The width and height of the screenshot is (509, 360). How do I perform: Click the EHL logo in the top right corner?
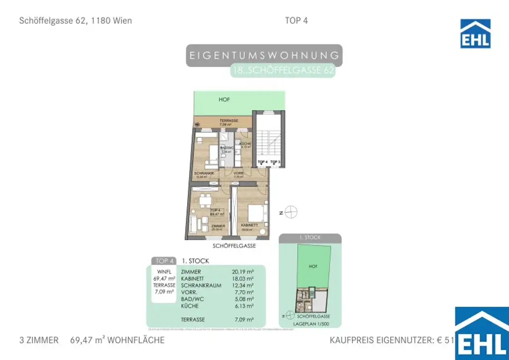[475, 33]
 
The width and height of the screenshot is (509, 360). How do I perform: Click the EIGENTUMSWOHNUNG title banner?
[264, 55]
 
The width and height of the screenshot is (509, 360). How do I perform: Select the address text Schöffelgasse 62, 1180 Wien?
[76, 21]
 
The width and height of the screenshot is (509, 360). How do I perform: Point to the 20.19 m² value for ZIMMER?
[243, 272]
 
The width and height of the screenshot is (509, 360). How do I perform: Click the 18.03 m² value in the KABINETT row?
[243, 279]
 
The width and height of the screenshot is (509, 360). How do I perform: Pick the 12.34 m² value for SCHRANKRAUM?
[243, 285]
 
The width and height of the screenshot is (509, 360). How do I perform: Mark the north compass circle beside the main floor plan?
[292, 212]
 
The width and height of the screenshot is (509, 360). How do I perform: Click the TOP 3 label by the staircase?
[276, 163]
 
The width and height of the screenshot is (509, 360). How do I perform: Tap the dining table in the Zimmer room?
[205, 201]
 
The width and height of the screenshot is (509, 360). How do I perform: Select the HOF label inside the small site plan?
[313, 267]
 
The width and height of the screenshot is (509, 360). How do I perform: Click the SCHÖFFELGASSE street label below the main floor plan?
[234, 246]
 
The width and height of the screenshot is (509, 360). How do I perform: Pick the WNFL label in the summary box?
[164, 271]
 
